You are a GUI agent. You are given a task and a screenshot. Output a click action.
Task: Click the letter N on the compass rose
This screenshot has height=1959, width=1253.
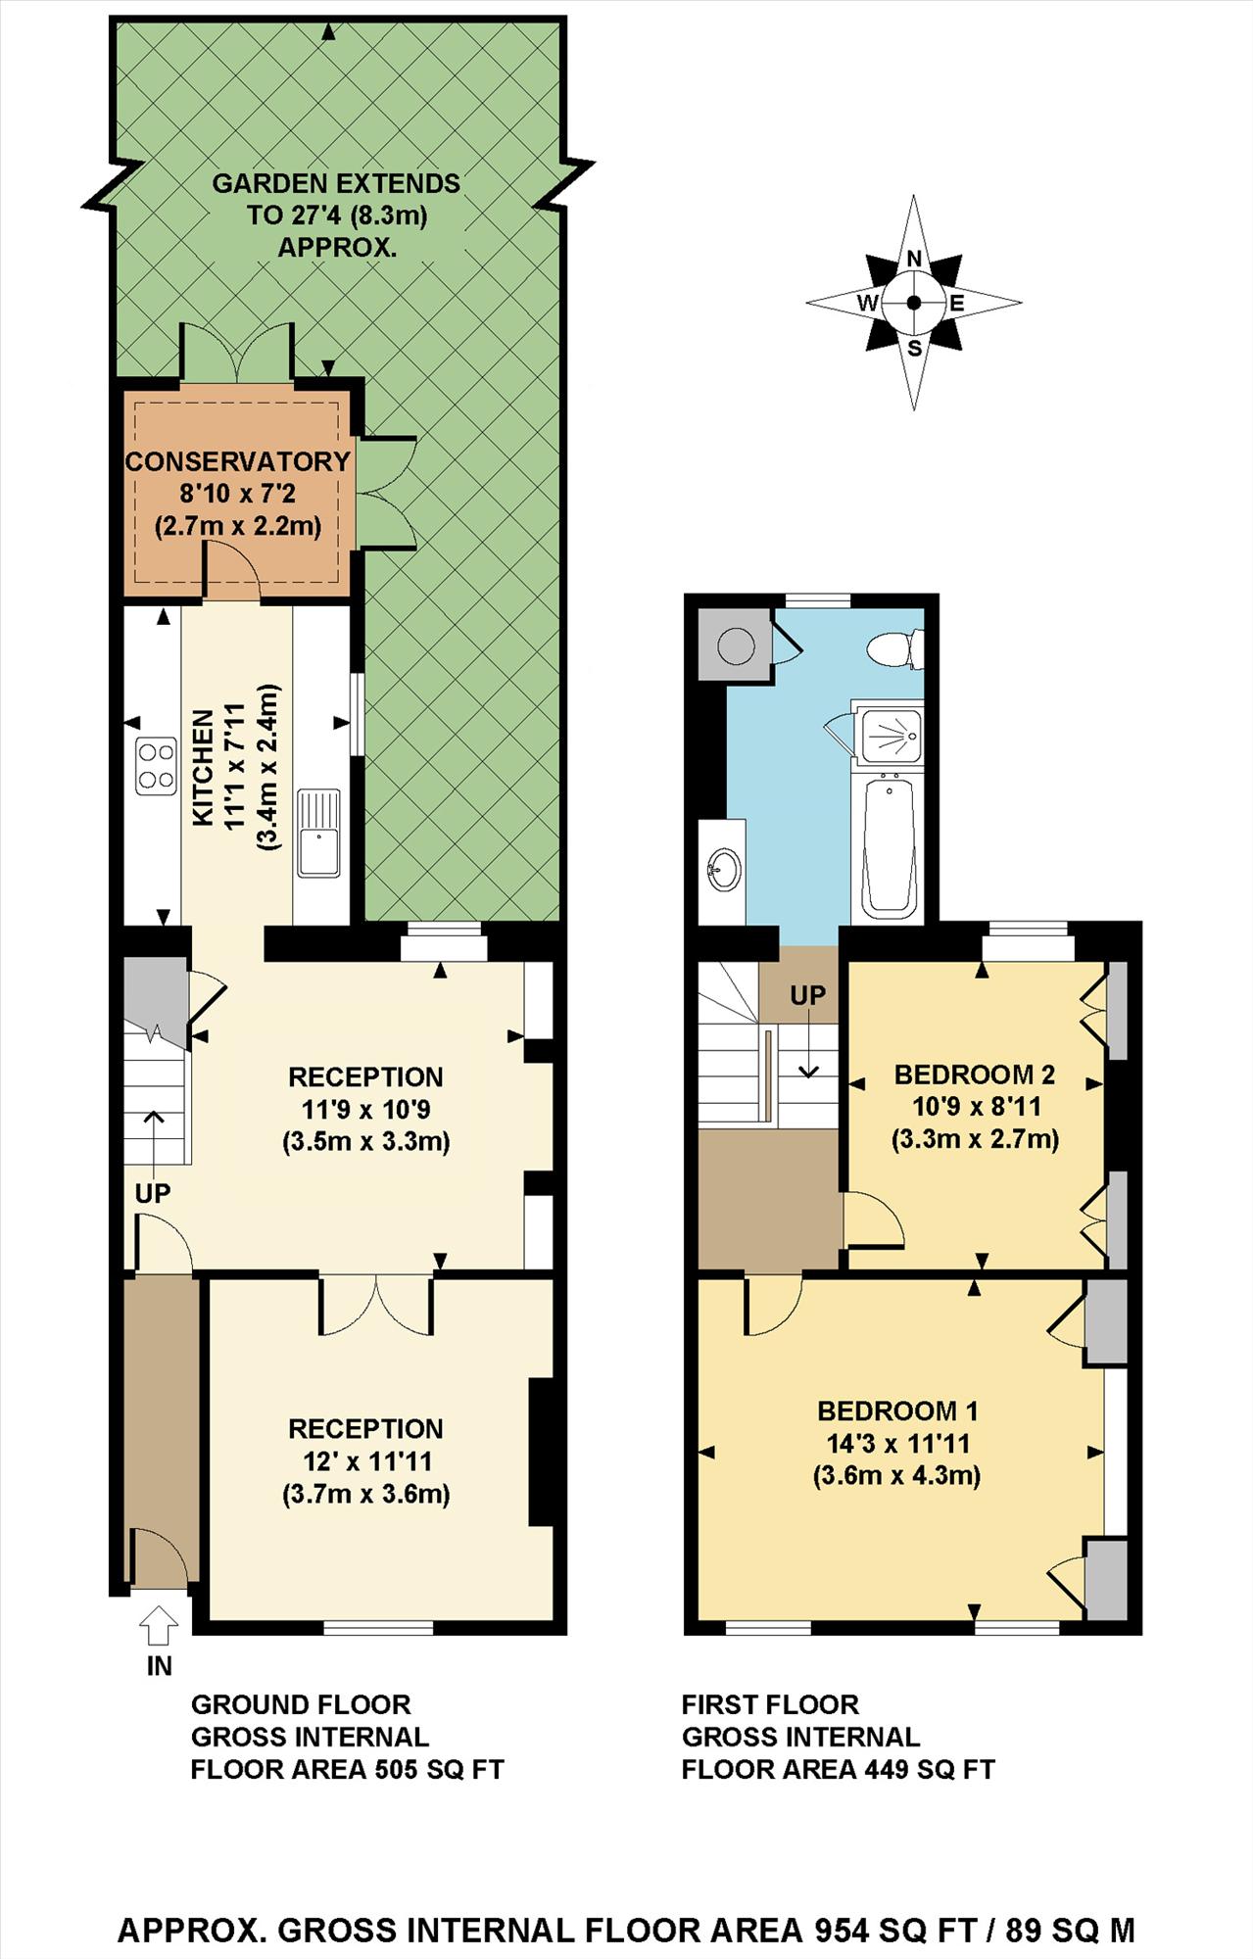point(914,258)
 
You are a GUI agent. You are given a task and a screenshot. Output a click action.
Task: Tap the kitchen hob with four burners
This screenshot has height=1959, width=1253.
point(156,766)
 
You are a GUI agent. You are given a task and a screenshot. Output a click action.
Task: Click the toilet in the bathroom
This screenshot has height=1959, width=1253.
point(895,648)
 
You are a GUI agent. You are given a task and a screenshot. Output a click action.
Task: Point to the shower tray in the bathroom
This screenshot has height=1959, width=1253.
point(888,734)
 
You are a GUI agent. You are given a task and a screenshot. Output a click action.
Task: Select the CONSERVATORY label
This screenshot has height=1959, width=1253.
point(238,461)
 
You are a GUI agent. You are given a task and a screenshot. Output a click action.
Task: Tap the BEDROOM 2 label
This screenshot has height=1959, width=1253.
point(975,1075)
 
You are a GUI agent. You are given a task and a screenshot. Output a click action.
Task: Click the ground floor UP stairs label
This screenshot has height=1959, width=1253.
point(153,1193)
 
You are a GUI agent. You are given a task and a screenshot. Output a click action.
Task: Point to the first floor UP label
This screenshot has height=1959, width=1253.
point(808,995)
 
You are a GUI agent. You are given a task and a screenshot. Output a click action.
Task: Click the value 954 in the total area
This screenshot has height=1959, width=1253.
point(842,1930)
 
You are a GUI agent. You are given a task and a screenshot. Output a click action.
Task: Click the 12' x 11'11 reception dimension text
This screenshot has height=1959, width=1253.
point(366,1460)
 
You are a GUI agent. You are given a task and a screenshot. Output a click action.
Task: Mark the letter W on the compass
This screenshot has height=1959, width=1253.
point(868,304)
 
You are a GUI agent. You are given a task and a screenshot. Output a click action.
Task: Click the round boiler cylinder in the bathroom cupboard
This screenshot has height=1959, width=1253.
point(734,645)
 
